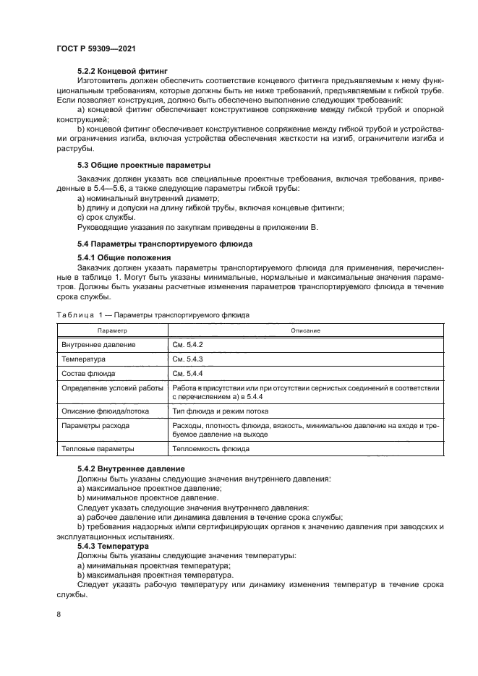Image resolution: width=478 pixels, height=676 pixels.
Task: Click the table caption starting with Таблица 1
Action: click(x=153, y=315)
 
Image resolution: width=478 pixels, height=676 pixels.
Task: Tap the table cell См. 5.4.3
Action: click(x=188, y=359)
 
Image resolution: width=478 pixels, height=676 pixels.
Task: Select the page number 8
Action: click(x=59, y=615)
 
